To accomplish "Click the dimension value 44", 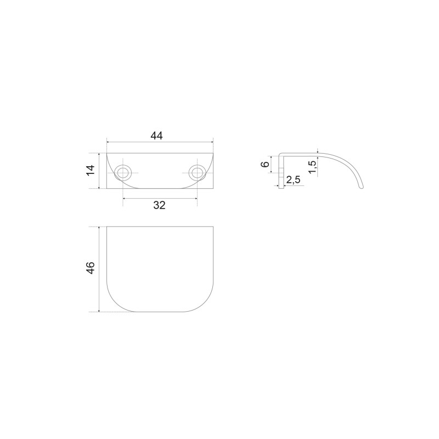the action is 156,136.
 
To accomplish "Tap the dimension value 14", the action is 91,171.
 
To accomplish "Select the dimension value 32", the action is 159,205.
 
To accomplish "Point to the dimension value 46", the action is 91,268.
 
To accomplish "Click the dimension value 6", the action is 266,164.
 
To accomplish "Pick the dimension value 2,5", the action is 293,179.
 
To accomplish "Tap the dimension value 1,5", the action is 313,166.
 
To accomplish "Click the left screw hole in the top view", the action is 122,173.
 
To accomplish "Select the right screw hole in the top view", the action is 197,173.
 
